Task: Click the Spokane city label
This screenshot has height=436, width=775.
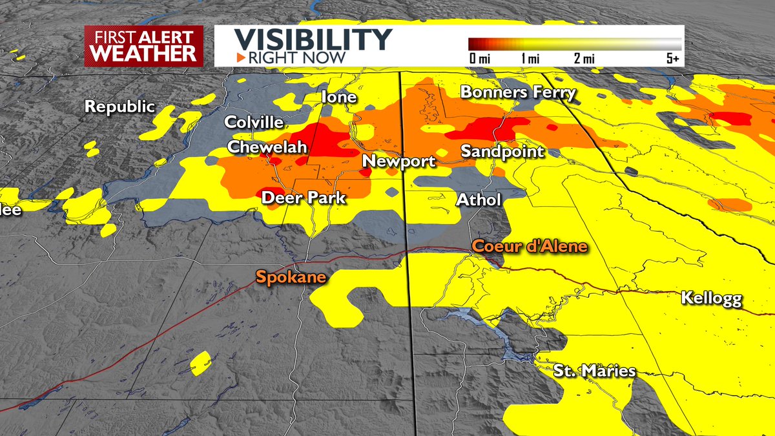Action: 290,278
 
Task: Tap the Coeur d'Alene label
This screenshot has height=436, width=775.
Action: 530,247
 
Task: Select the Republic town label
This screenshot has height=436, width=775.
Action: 121,107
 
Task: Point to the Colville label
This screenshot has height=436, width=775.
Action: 254,122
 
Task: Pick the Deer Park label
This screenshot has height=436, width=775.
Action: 304,198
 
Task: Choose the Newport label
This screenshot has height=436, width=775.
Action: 398,161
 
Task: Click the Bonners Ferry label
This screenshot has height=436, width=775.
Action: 517,92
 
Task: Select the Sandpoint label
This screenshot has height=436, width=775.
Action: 502,152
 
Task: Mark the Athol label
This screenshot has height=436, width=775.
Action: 479,200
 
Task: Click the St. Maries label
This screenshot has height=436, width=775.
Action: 594,371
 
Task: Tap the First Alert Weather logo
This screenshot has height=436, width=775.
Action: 143,45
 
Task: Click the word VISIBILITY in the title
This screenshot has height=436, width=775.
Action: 313,39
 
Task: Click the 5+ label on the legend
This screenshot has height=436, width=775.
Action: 673,59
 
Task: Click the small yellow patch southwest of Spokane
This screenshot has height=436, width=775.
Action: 201,362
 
